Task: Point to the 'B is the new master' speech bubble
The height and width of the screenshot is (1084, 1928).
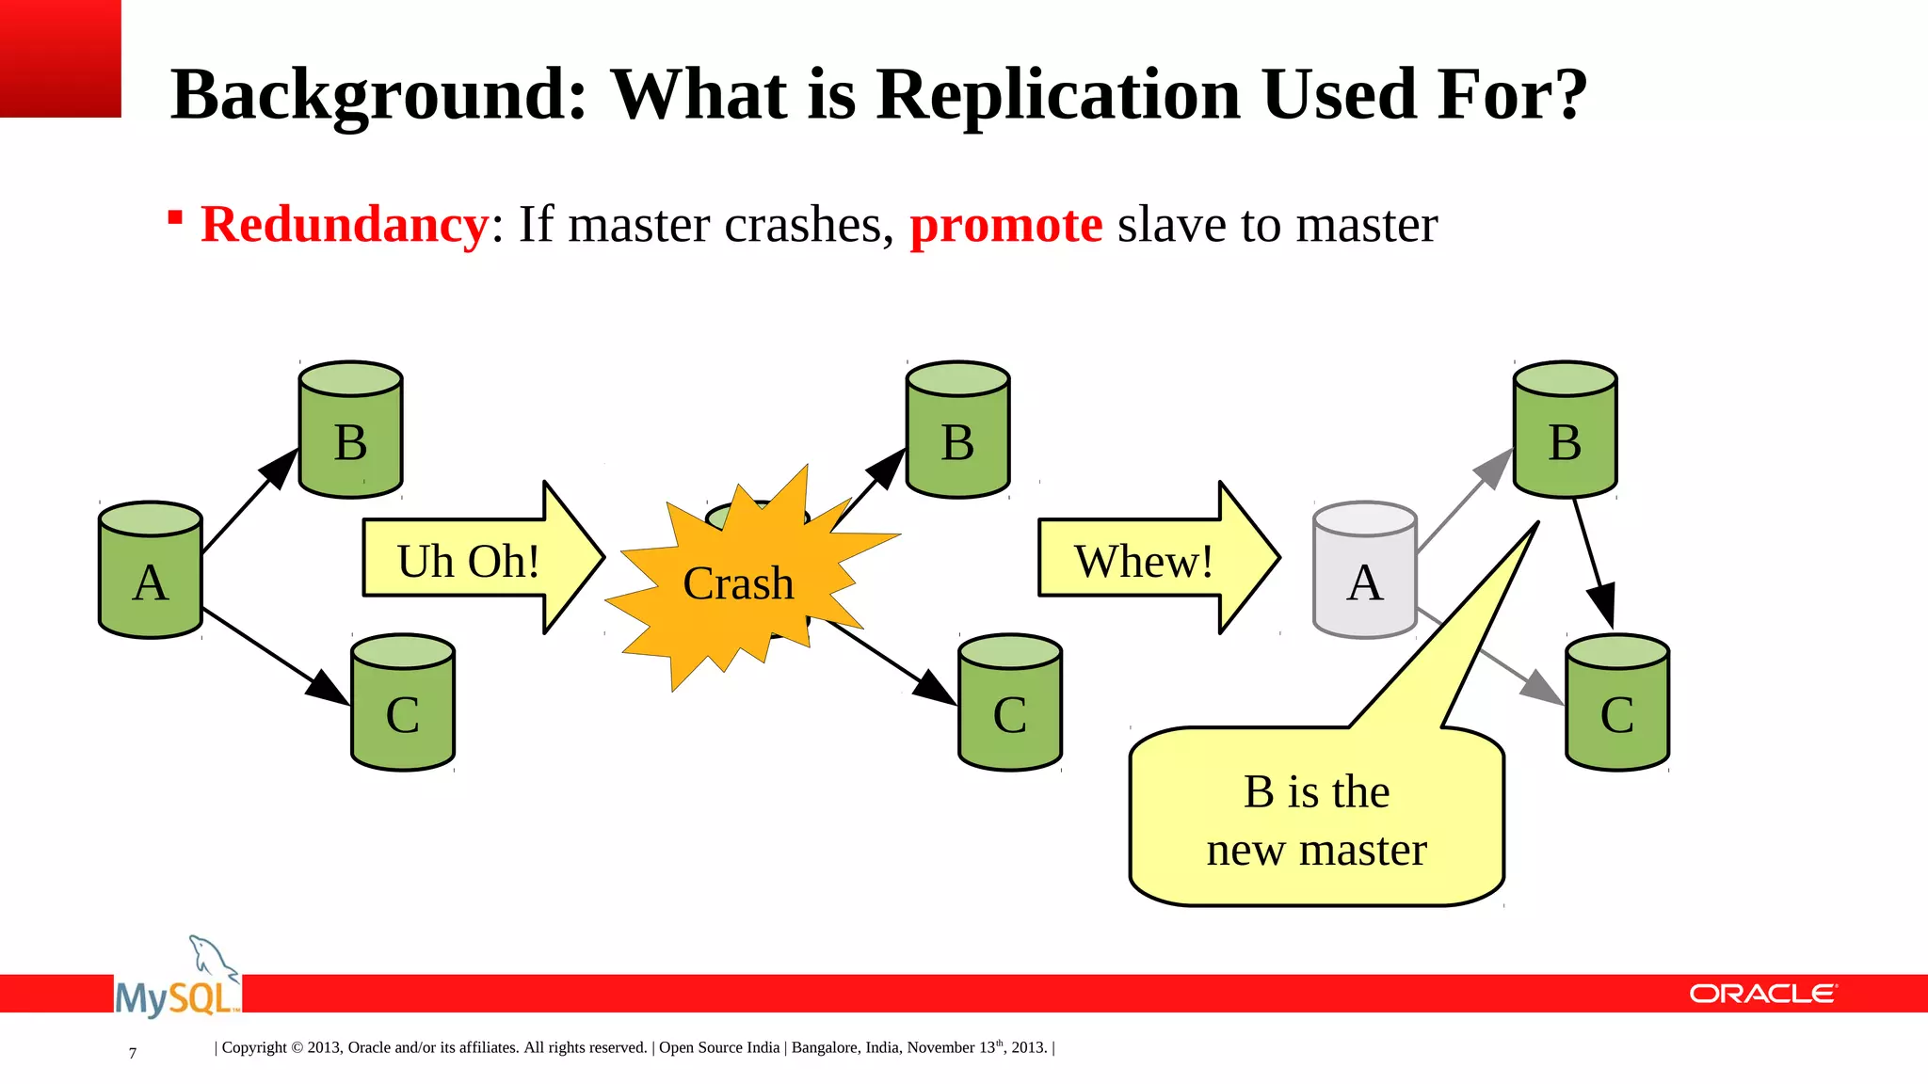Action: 1316,819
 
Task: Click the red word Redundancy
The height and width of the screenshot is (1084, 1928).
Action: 345,225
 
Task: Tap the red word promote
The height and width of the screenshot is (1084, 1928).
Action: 1005,225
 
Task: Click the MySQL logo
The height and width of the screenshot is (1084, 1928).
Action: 177,983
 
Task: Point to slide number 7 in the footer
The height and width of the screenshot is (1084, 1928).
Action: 133,1053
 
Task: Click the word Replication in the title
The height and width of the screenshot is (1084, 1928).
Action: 1058,94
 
